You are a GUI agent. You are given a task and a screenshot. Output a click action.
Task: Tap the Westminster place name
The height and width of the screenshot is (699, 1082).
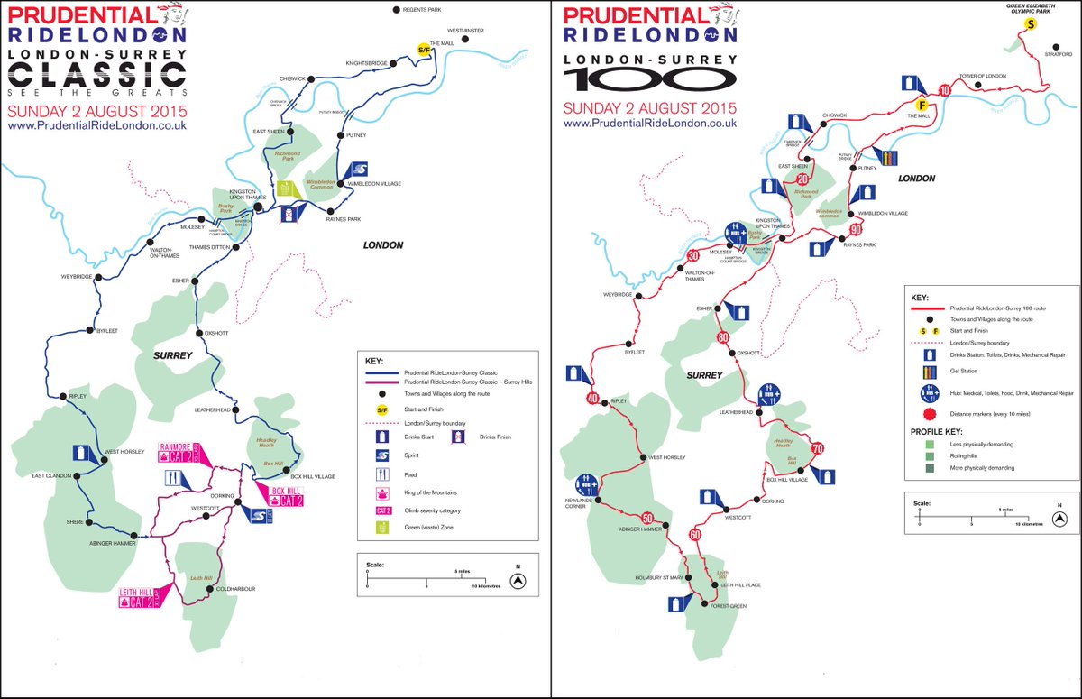466,31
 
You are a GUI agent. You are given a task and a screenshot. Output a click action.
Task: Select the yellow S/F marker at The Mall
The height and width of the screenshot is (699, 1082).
422,50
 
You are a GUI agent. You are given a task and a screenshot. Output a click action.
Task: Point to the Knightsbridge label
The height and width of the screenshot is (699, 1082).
367,63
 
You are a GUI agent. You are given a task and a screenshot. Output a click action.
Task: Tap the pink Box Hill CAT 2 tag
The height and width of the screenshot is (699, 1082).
289,495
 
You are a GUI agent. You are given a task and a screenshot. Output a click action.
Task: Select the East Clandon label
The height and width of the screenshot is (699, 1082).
50,476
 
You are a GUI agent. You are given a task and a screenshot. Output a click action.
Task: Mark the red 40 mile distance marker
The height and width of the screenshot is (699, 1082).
592,399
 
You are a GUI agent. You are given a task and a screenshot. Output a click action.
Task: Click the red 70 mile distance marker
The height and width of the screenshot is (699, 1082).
817,448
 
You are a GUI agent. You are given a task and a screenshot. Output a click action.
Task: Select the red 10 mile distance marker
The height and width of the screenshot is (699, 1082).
944,90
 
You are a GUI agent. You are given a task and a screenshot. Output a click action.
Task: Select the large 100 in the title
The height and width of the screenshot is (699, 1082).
650,78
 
